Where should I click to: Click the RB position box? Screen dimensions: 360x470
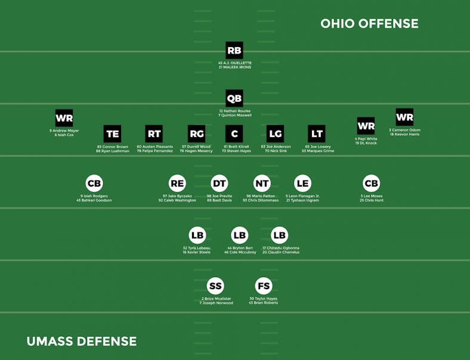pos(234,51)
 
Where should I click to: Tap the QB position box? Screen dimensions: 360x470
pos(234,98)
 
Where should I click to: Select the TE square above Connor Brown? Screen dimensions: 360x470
pos(112,134)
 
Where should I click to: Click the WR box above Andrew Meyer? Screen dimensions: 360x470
pos(64,118)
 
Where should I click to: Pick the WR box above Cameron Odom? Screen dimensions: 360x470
pos(404,117)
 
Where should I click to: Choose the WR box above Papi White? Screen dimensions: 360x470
pos(366,126)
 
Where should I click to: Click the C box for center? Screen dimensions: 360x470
pos(234,134)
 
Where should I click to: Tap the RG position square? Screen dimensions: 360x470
pos(196,134)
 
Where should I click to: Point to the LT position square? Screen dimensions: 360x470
pos(316,134)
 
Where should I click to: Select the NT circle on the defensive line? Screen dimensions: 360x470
pos(262,184)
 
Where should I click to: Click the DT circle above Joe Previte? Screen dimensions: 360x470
pos(219,184)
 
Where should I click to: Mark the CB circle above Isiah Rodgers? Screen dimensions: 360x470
pos(94,184)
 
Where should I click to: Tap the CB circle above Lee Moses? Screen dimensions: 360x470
pos(371,184)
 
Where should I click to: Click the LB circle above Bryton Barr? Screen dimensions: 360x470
pos(239,235)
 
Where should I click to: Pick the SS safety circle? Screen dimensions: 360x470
pos(216,287)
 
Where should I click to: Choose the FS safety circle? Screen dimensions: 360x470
pos(263,287)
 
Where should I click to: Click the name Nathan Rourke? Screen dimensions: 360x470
pos(236,111)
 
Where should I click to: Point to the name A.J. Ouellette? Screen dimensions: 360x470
pos(236,63)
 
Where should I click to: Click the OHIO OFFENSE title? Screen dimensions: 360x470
pos(369,24)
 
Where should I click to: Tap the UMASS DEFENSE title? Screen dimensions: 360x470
pos(82,342)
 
